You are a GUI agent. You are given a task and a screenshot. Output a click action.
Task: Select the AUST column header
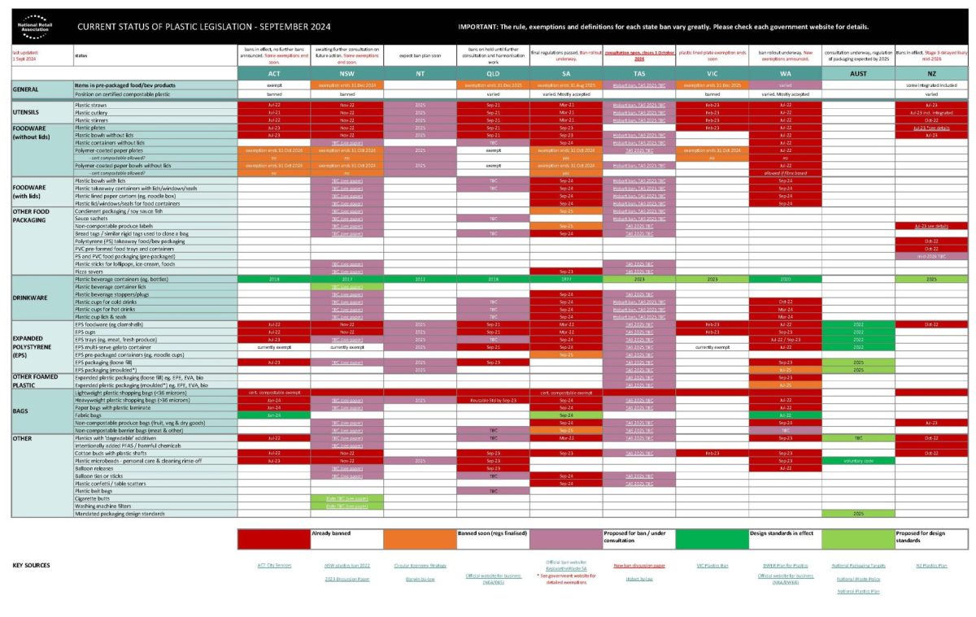point(857,73)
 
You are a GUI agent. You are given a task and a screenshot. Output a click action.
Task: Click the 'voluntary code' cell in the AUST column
point(857,460)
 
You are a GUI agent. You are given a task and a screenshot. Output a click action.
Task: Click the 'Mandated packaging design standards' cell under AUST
point(857,514)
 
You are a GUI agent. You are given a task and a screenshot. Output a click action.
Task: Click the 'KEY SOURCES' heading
point(32,565)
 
